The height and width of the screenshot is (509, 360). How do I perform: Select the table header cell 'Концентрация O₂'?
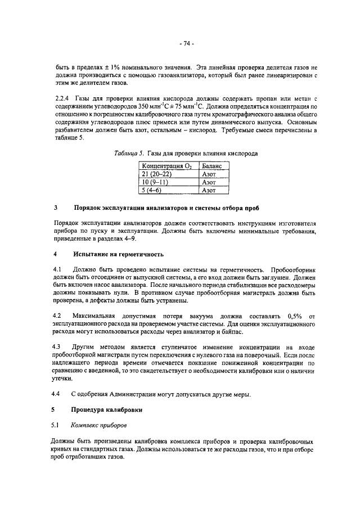tap(167, 167)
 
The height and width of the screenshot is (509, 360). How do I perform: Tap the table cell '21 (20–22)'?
tap(157, 175)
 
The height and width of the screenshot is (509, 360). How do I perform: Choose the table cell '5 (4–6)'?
tap(153, 191)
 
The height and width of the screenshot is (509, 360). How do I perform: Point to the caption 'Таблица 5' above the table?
tap(127, 153)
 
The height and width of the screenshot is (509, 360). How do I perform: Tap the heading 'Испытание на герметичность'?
tap(118, 254)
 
